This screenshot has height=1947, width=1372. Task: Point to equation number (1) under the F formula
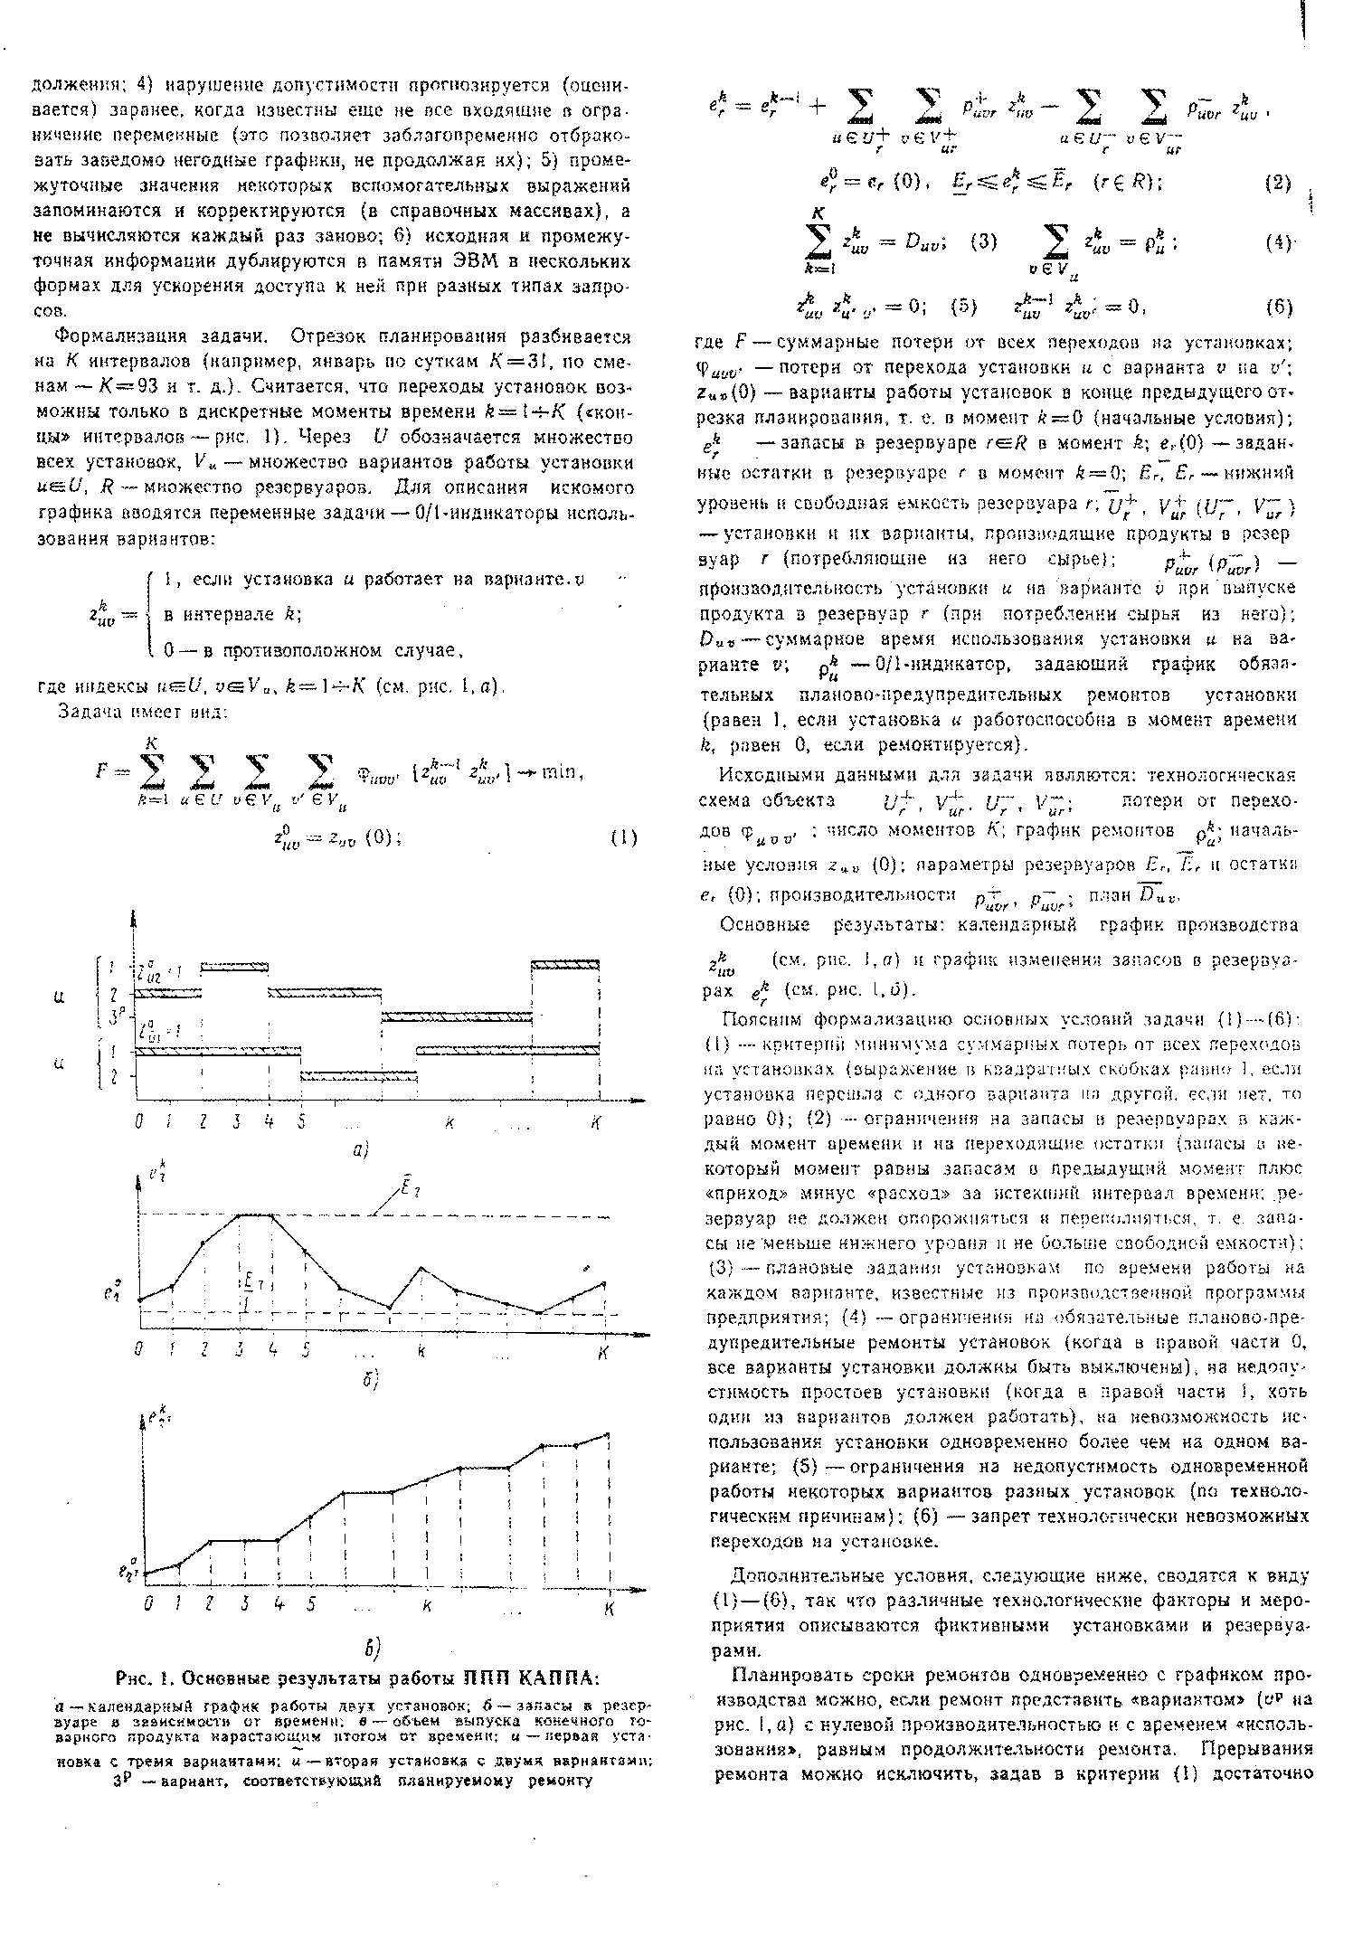click(x=623, y=836)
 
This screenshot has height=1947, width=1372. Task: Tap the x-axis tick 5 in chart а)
click(x=300, y=1122)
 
